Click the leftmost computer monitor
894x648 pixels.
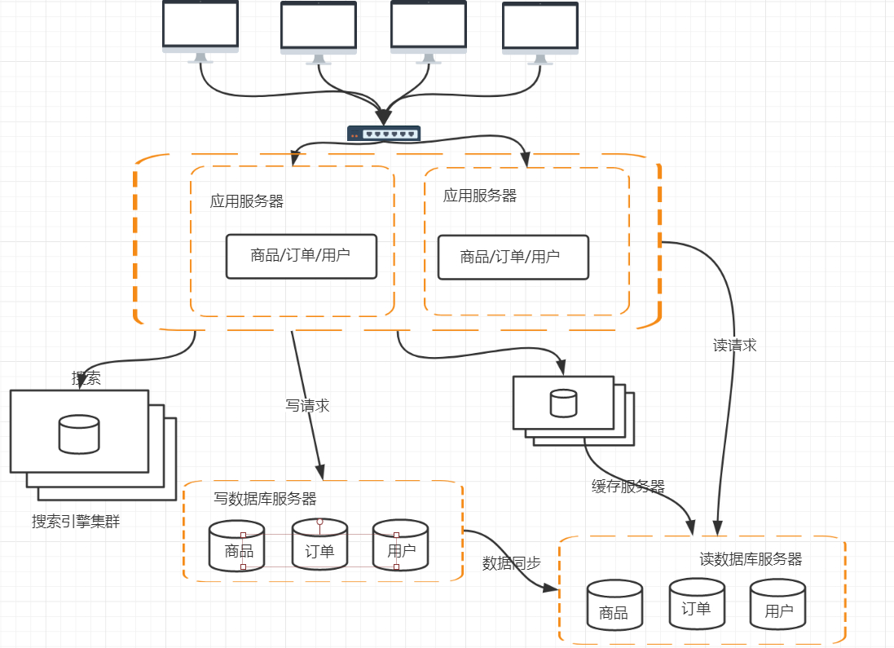pos(200,27)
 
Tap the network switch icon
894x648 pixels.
pos(384,134)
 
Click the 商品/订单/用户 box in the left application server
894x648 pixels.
pos(302,256)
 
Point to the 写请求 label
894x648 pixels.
pos(308,406)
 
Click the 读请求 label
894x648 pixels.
pos(735,346)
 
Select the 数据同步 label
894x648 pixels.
pos(512,563)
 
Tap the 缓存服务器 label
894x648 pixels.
pos(628,487)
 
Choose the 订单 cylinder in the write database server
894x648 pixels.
pos(319,545)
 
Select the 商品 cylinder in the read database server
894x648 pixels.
pos(614,606)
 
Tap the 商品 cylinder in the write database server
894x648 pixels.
pos(238,546)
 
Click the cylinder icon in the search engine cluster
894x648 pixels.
pos(79,434)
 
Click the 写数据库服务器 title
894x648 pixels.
pos(265,499)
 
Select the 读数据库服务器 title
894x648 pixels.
pos(751,560)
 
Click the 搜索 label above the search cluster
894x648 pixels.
pos(86,378)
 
